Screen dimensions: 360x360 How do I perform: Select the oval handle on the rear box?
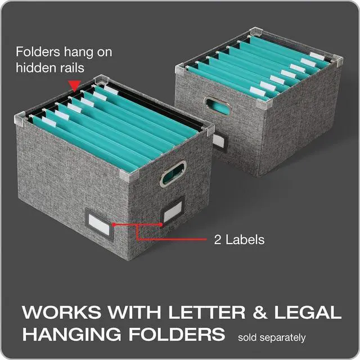[214, 106]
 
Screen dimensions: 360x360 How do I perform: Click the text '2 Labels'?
[238, 240]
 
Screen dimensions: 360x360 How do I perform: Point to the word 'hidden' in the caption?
[33, 67]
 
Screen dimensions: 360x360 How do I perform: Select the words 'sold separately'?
[272, 338]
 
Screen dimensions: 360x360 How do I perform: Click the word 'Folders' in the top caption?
[37, 52]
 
